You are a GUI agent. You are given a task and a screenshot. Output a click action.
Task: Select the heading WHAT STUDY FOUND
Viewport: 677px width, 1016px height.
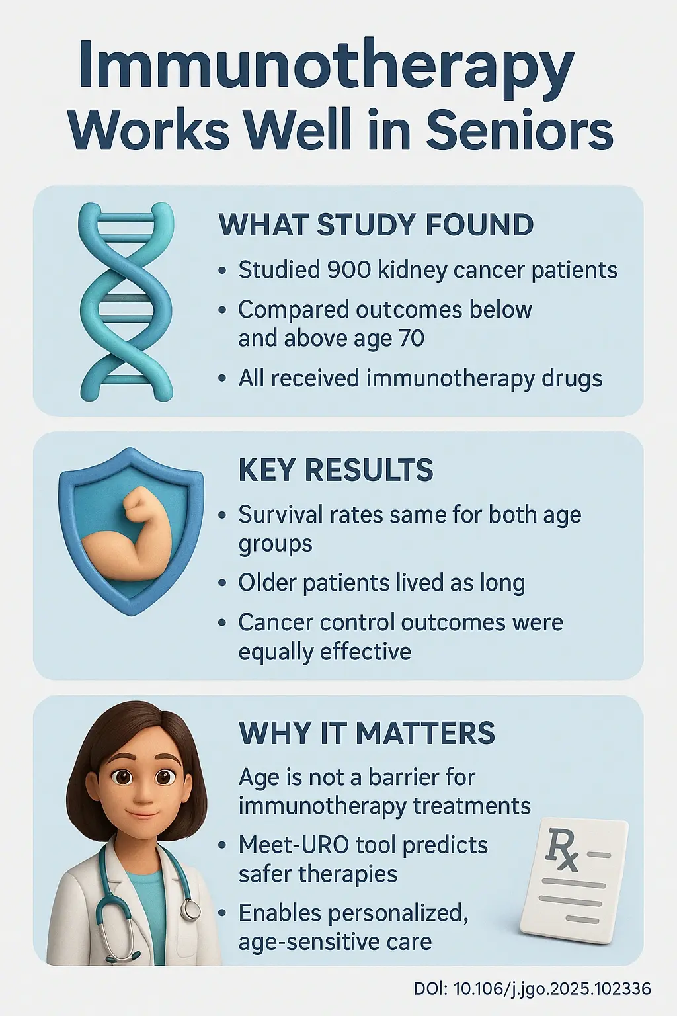point(376,225)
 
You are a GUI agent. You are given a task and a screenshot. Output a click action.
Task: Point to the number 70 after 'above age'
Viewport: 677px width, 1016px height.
point(411,339)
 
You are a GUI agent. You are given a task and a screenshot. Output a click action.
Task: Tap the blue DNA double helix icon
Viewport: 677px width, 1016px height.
point(126,302)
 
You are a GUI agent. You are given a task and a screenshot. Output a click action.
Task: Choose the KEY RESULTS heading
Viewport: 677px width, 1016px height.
point(335,470)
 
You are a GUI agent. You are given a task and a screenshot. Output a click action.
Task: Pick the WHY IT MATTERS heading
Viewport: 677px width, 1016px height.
point(366,733)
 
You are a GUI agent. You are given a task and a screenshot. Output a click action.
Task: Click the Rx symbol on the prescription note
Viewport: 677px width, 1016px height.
point(561,851)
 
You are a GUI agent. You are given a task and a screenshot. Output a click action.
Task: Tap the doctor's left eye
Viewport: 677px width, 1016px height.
point(163,777)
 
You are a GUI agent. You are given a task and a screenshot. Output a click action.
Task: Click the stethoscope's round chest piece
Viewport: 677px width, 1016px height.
point(191,911)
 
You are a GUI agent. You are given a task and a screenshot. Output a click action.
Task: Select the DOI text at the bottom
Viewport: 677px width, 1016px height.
point(532,989)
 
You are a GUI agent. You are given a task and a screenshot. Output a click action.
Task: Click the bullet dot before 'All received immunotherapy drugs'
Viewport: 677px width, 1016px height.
point(223,379)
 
